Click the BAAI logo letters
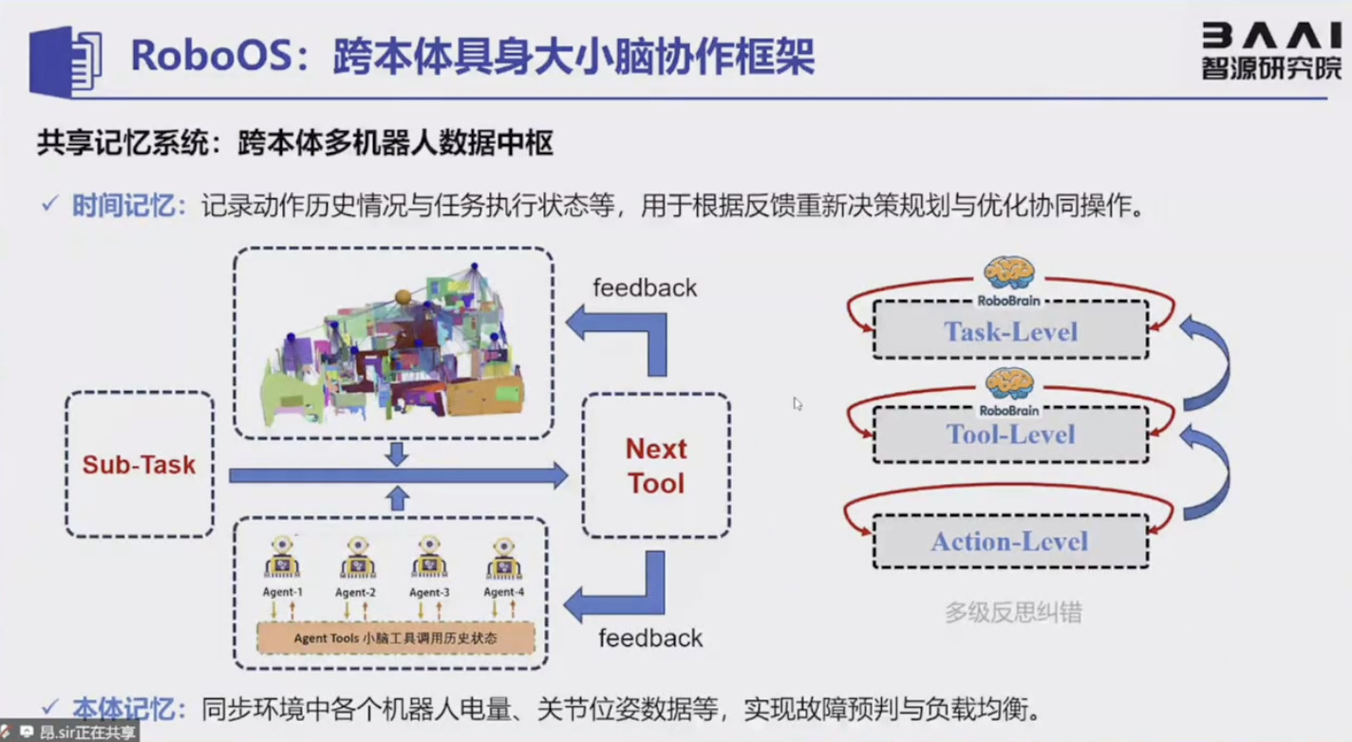(1271, 35)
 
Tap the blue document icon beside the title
(65, 61)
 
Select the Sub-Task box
(139, 465)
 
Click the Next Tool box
(655, 466)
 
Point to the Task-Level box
(1010, 331)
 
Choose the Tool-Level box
(1010, 435)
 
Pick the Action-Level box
(1010, 541)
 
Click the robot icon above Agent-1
(282, 558)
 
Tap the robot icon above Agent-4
(503, 558)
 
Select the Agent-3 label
(429, 592)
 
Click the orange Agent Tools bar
(396, 638)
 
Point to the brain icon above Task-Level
(1008, 273)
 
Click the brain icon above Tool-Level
(1008, 382)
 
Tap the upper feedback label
(645, 288)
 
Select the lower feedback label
(650, 638)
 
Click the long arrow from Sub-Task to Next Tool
(398, 475)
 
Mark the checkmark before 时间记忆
(50, 205)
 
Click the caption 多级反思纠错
(1013, 612)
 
